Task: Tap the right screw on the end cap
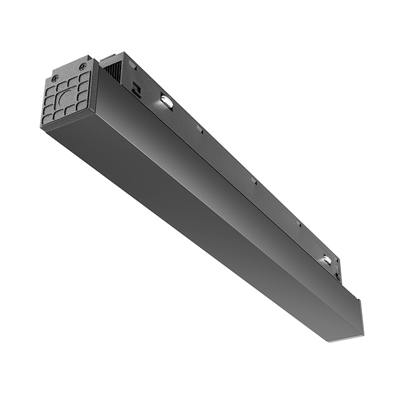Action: click(x=82, y=66)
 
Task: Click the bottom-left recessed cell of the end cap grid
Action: click(x=48, y=119)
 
